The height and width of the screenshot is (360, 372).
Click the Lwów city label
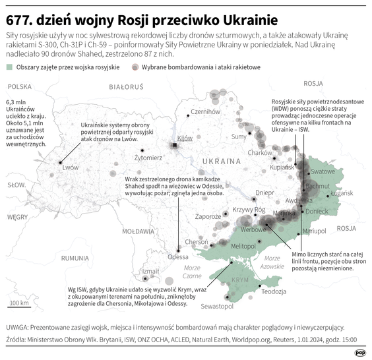(71, 167)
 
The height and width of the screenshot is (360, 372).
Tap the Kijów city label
(185, 138)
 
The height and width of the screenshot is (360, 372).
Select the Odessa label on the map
(178, 257)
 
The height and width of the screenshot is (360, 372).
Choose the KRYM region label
(240, 280)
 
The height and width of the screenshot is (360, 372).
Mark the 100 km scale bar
(19, 307)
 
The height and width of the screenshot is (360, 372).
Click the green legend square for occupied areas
(9, 67)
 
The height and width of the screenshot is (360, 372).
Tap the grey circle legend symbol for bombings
(135, 67)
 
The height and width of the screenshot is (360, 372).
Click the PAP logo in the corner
(361, 353)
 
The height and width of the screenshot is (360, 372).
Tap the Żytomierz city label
(148, 158)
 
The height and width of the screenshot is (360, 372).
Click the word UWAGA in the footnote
(17, 326)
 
